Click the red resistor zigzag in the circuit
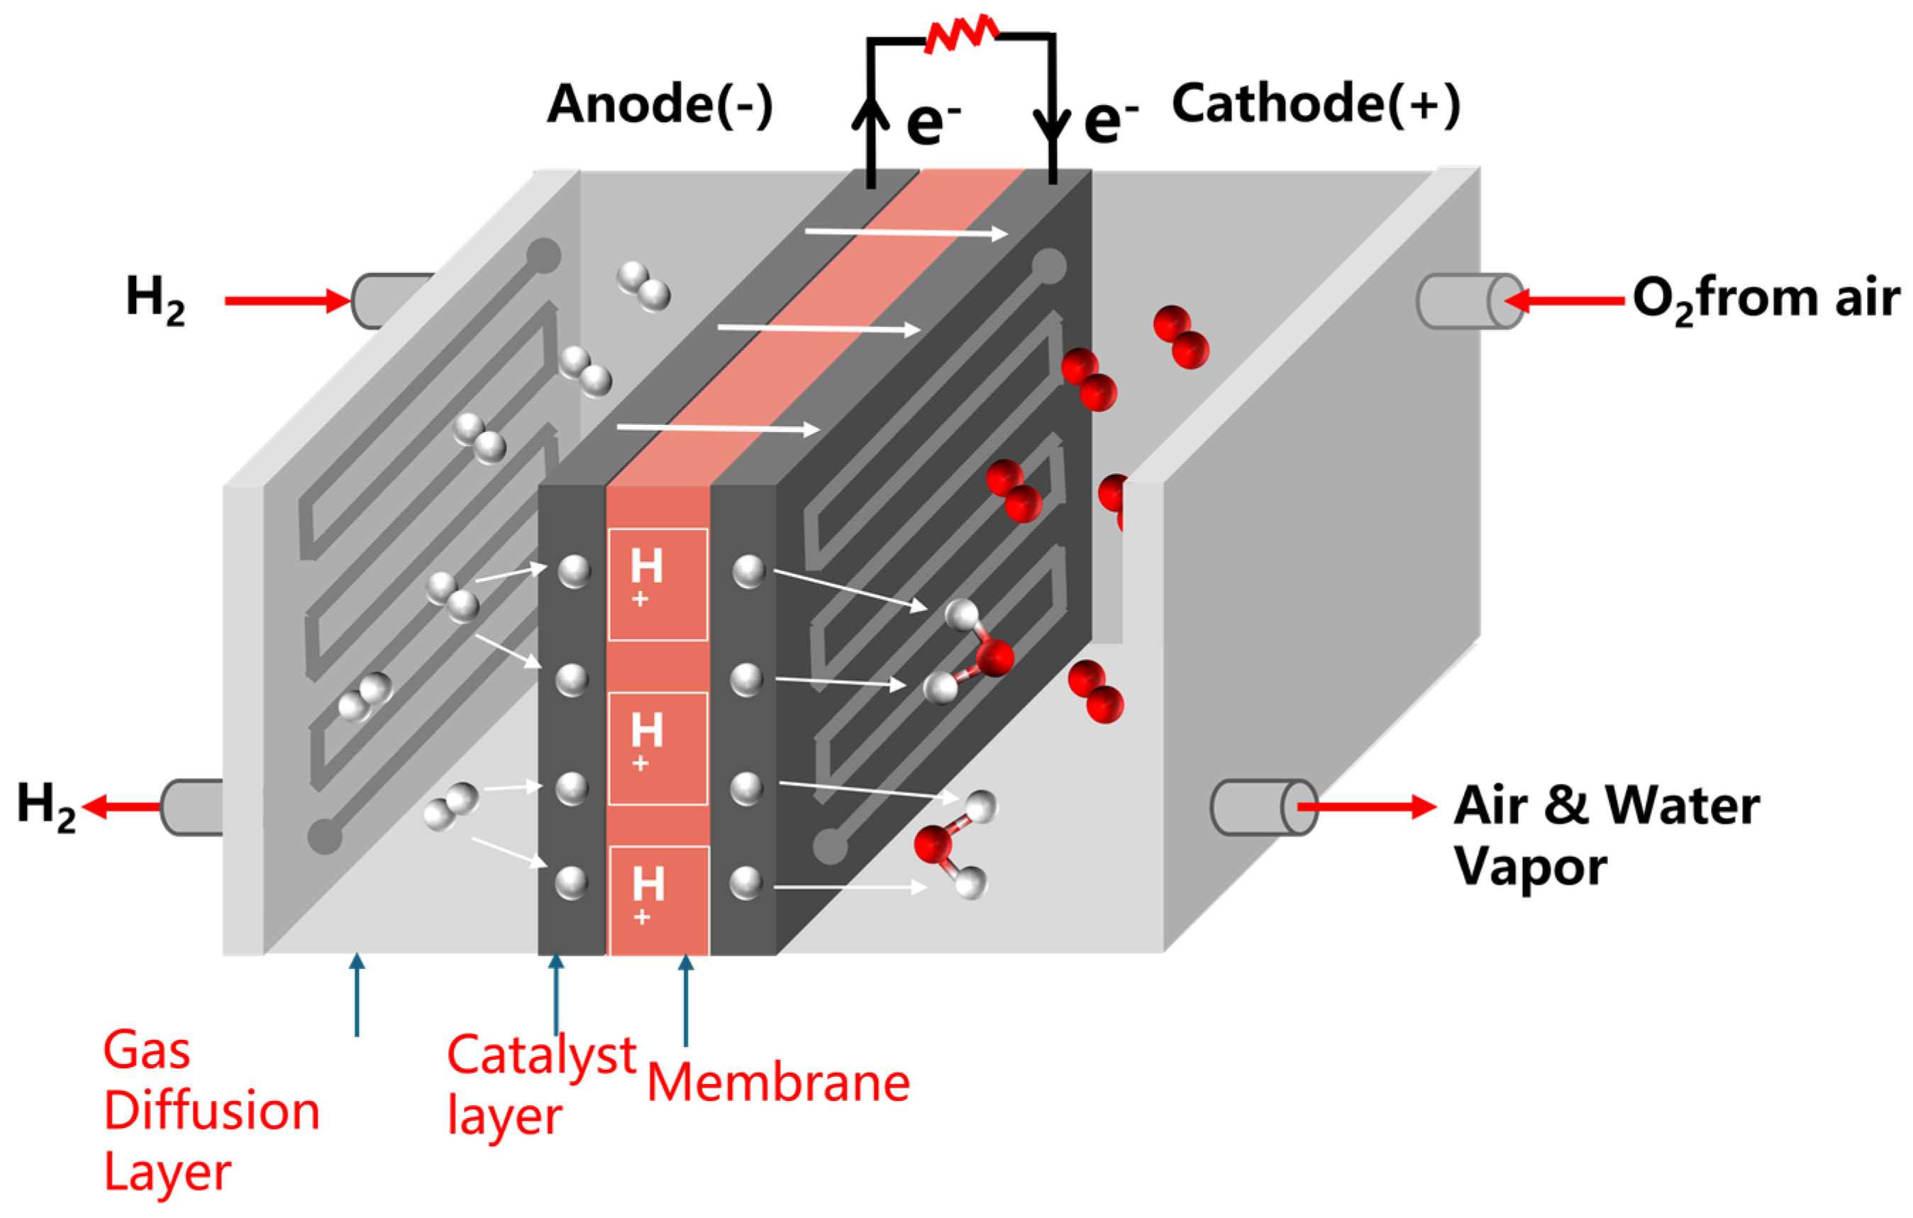961,34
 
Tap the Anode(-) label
660,104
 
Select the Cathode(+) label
1316,104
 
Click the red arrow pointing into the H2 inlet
286,300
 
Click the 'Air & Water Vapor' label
1604,834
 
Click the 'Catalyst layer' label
540,1085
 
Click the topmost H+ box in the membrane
658,584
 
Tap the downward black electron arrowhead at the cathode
1053,127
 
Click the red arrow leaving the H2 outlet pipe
119,807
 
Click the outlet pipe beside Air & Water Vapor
1263,807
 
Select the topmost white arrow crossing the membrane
906,233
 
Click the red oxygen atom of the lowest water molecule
933,843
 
